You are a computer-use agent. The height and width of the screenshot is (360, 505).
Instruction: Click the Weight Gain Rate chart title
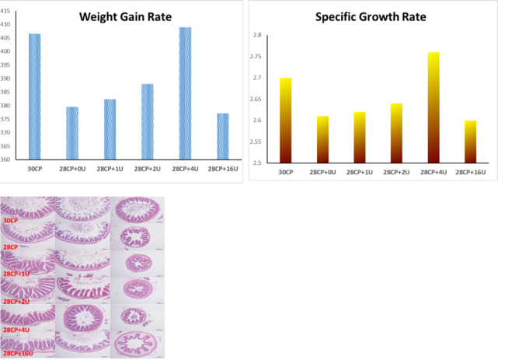pos(125,17)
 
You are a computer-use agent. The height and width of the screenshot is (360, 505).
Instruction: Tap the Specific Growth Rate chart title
pos(371,17)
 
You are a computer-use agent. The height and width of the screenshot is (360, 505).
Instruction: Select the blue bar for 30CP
pos(34,96)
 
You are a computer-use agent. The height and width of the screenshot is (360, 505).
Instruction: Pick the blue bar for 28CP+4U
pos(185,93)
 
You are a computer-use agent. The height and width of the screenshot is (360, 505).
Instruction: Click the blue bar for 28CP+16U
pos(223,136)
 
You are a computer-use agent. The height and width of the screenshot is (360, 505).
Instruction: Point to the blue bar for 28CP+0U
pos(72,133)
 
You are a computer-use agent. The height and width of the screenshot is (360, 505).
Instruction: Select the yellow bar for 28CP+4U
pos(434,107)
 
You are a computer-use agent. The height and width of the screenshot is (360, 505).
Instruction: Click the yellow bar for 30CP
pos(286,121)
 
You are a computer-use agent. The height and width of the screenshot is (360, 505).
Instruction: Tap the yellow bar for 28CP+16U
pos(471,142)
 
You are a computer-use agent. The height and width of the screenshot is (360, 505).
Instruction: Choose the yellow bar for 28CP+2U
pos(396,133)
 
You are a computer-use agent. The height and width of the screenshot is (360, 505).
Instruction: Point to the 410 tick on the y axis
pos(5,25)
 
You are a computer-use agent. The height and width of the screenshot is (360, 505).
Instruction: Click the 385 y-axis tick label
pos(5,93)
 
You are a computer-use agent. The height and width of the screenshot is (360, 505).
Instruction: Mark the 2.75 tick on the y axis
pos(256,57)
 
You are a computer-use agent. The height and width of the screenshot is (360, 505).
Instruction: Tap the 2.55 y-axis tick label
pos(256,142)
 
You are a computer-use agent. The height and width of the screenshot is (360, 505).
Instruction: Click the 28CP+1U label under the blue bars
pos(110,169)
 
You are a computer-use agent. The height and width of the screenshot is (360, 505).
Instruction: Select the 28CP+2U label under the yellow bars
pos(396,173)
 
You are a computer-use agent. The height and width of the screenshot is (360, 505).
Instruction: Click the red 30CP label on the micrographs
pos(10,221)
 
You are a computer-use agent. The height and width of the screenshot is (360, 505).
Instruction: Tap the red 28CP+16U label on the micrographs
pos(18,354)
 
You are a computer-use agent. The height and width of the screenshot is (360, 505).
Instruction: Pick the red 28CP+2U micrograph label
pos(16,302)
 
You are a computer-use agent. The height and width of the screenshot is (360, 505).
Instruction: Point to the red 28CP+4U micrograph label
pos(16,330)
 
